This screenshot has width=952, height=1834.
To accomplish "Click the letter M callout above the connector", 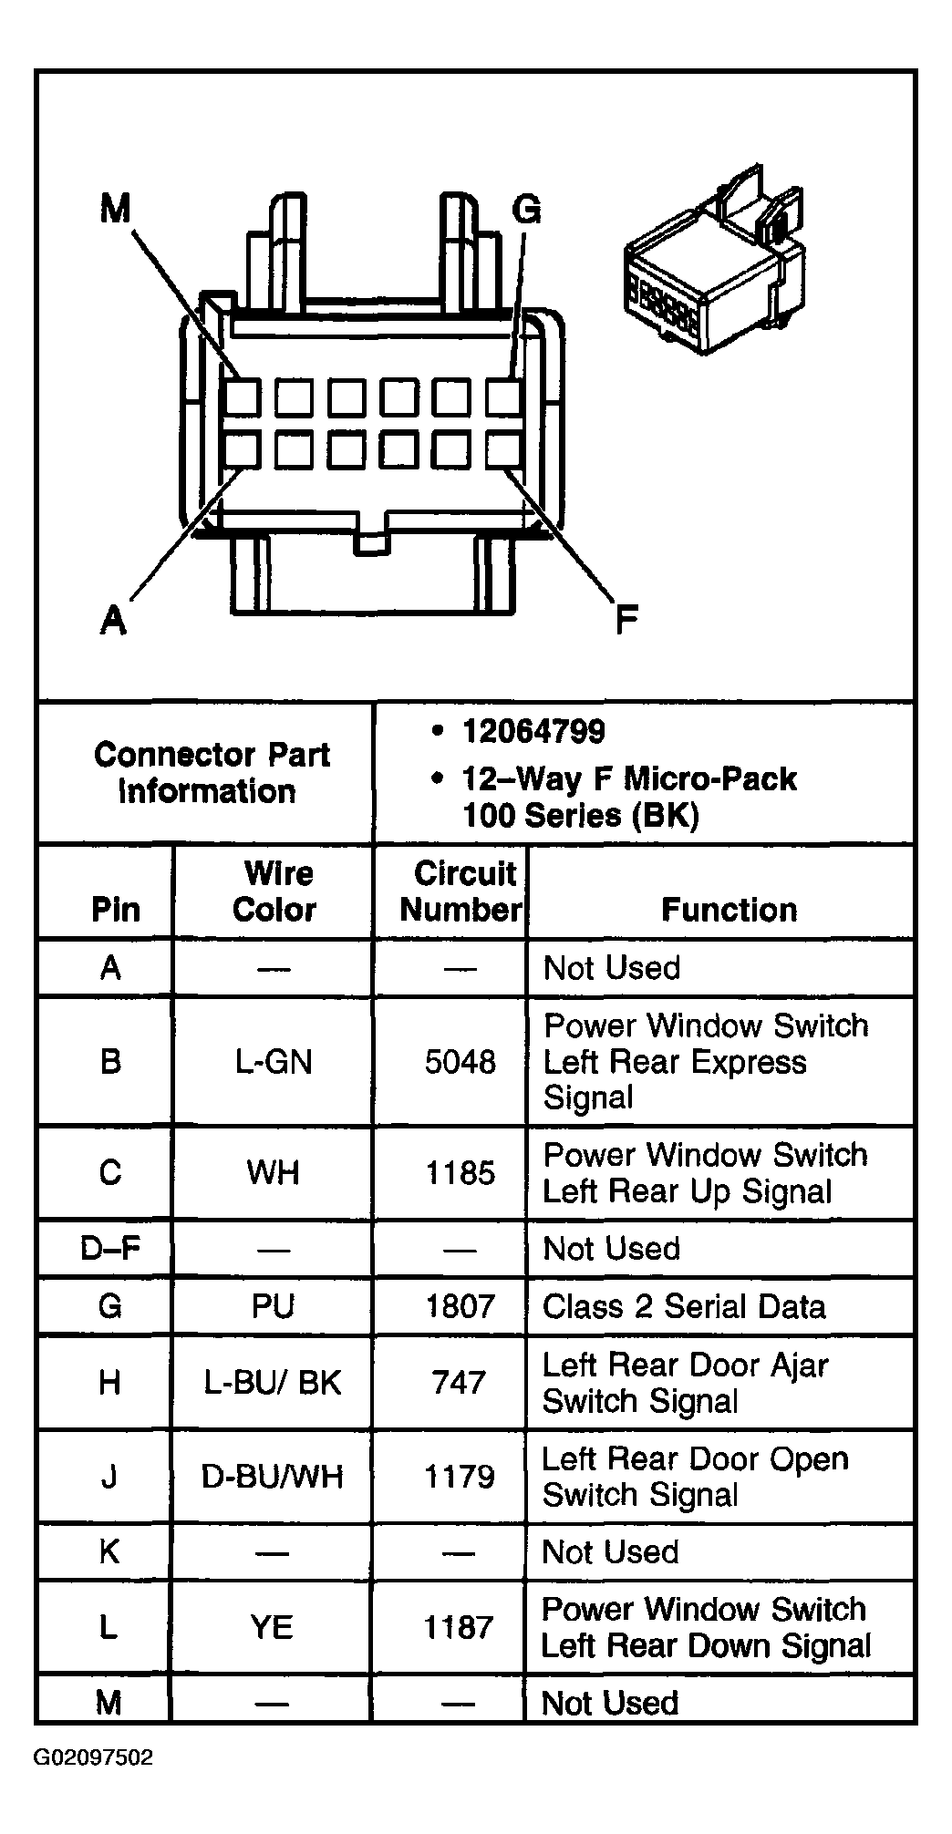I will tap(115, 211).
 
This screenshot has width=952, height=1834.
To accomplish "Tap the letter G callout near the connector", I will tap(526, 211).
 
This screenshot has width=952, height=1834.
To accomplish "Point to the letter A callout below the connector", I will tap(112, 620).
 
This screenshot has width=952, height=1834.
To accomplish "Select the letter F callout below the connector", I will tap(626, 620).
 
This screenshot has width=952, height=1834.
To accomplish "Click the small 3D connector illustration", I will tap(714, 264).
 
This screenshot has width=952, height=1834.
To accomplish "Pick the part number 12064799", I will tap(533, 731).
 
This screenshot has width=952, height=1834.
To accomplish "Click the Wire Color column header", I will tap(274, 891).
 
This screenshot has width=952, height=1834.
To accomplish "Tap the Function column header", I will tap(729, 910).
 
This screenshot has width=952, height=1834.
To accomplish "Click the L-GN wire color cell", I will tap(274, 1062).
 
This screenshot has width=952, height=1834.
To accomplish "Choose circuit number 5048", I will tap(460, 1062).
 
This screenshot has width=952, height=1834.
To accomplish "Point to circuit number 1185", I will tap(460, 1173).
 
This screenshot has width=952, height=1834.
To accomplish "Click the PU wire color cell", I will tap(273, 1306).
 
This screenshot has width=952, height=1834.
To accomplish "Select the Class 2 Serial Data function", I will tap(684, 1306).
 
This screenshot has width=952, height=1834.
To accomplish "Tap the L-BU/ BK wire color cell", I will tap(273, 1383).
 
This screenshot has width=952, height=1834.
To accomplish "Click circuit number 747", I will tap(460, 1383).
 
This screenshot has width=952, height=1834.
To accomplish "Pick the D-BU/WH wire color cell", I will tap(273, 1477).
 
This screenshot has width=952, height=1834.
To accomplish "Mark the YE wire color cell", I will tap(272, 1627).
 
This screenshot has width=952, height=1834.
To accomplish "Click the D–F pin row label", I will tap(109, 1248).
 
